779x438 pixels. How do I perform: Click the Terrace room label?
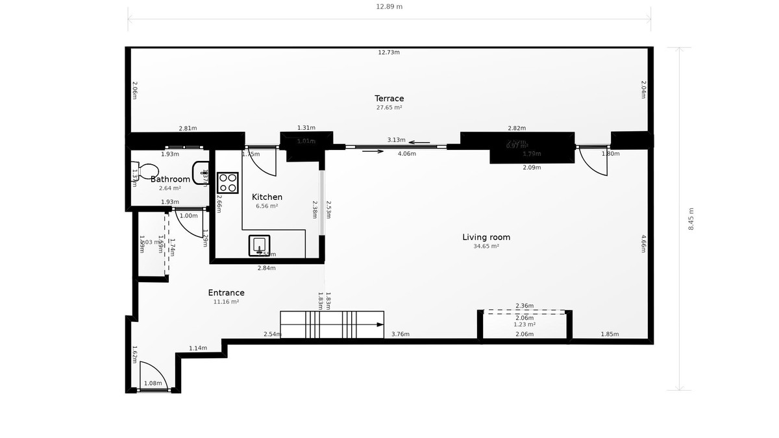(x=389, y=99)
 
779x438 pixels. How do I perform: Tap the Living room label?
(x=486, y=237)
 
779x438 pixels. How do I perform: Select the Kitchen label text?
(x=267, y=197)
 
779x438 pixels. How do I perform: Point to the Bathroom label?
(x=170, y=179)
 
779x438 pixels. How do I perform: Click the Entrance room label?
(x=226, y=293)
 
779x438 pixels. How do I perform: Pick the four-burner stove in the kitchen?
(x=227, y=182)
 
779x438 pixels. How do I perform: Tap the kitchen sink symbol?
(x=259, y=246)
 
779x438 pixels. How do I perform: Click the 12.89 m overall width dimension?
(x=389, y=6)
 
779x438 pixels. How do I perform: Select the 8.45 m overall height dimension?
(x=691, y=219)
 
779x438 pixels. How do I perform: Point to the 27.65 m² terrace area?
(x=389, y=108)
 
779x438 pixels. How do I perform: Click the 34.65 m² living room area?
(x=486, y=247)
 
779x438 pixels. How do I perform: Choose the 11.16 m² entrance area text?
(x=226, y=302)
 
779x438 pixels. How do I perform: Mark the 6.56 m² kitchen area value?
(x=267, y=206)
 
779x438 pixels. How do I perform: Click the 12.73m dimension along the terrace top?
(x=389, y=53)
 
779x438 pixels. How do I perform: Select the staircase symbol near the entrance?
(x=332, y=324)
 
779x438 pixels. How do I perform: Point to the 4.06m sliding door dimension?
(x=406, y=154)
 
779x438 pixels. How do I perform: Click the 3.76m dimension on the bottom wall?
(x=401, y=335)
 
